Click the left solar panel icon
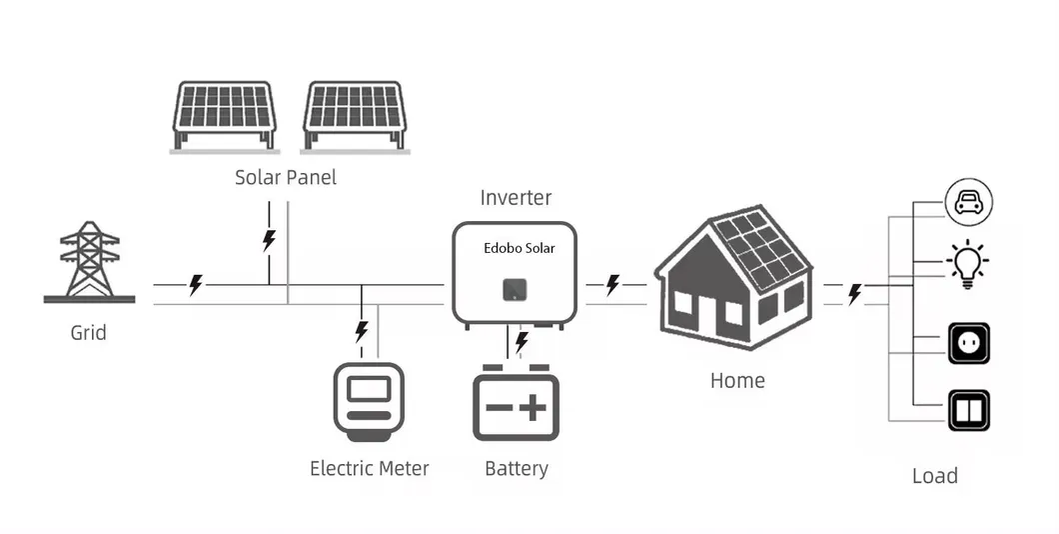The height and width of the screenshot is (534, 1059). click(x=224, y=114)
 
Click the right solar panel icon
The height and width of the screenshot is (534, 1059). click(x=355, y=114)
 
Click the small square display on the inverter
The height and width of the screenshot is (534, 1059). click(x=514, y=289)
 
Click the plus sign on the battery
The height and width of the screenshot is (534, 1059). click(x=535, y=408)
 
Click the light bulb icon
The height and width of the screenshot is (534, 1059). click(x=967, y=265)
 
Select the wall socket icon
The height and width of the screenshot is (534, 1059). click(x=968, y=343)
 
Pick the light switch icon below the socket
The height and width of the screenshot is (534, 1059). click(x=968, y=410)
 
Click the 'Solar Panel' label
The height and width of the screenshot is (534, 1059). click(x=286, y=178)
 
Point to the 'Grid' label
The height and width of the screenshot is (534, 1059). click(x=88, y=332)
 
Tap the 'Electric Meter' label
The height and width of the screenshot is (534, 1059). click(x=369, y=468)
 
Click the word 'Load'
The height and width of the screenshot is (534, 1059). click(x=934, y=476)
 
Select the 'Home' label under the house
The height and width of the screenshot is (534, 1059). click(x=737, y=380)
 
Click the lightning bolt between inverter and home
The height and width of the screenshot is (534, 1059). click(x=612, y=285)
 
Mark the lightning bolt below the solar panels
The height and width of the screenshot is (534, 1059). click(x=268, y=240)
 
